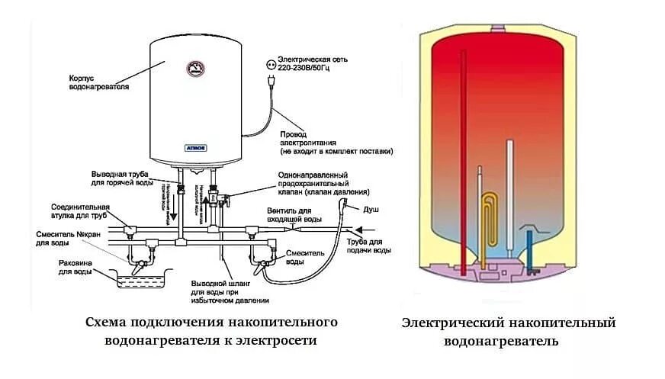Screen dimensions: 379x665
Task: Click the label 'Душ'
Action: (371, 208)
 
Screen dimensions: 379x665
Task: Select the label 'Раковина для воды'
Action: (75, 266)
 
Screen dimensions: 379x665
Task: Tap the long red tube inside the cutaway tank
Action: (463, 160)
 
